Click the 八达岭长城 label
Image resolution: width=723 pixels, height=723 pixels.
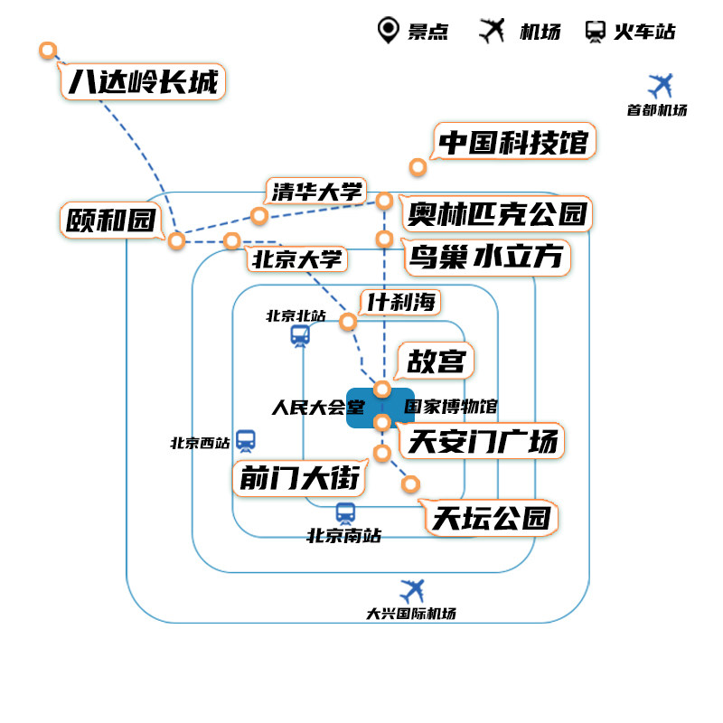coord(143,84)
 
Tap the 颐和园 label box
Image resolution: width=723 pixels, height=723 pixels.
coord(109,221)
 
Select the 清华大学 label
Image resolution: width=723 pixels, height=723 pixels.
coord(316,192)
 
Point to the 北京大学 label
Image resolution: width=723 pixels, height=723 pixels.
coord(297,259)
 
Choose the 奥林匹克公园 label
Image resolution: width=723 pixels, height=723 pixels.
coord(497,214)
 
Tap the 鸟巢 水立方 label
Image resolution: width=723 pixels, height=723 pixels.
coord(486,258)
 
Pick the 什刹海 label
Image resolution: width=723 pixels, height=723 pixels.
coord(400,302)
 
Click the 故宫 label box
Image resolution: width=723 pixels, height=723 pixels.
coord(436,361)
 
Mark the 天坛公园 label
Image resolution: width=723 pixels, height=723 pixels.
coord(491,519)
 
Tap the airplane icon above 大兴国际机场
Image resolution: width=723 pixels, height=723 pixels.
coord(412,591)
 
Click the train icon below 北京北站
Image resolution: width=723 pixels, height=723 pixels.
coord(300,336)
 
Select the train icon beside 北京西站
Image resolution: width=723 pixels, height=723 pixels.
coord(246,440)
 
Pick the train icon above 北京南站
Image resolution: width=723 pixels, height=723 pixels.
coord(345,513)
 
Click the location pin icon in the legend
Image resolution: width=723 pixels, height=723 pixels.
coord(389,30)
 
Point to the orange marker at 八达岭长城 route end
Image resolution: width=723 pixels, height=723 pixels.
coord(48,51)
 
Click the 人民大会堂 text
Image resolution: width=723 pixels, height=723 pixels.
coord(309,408)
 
